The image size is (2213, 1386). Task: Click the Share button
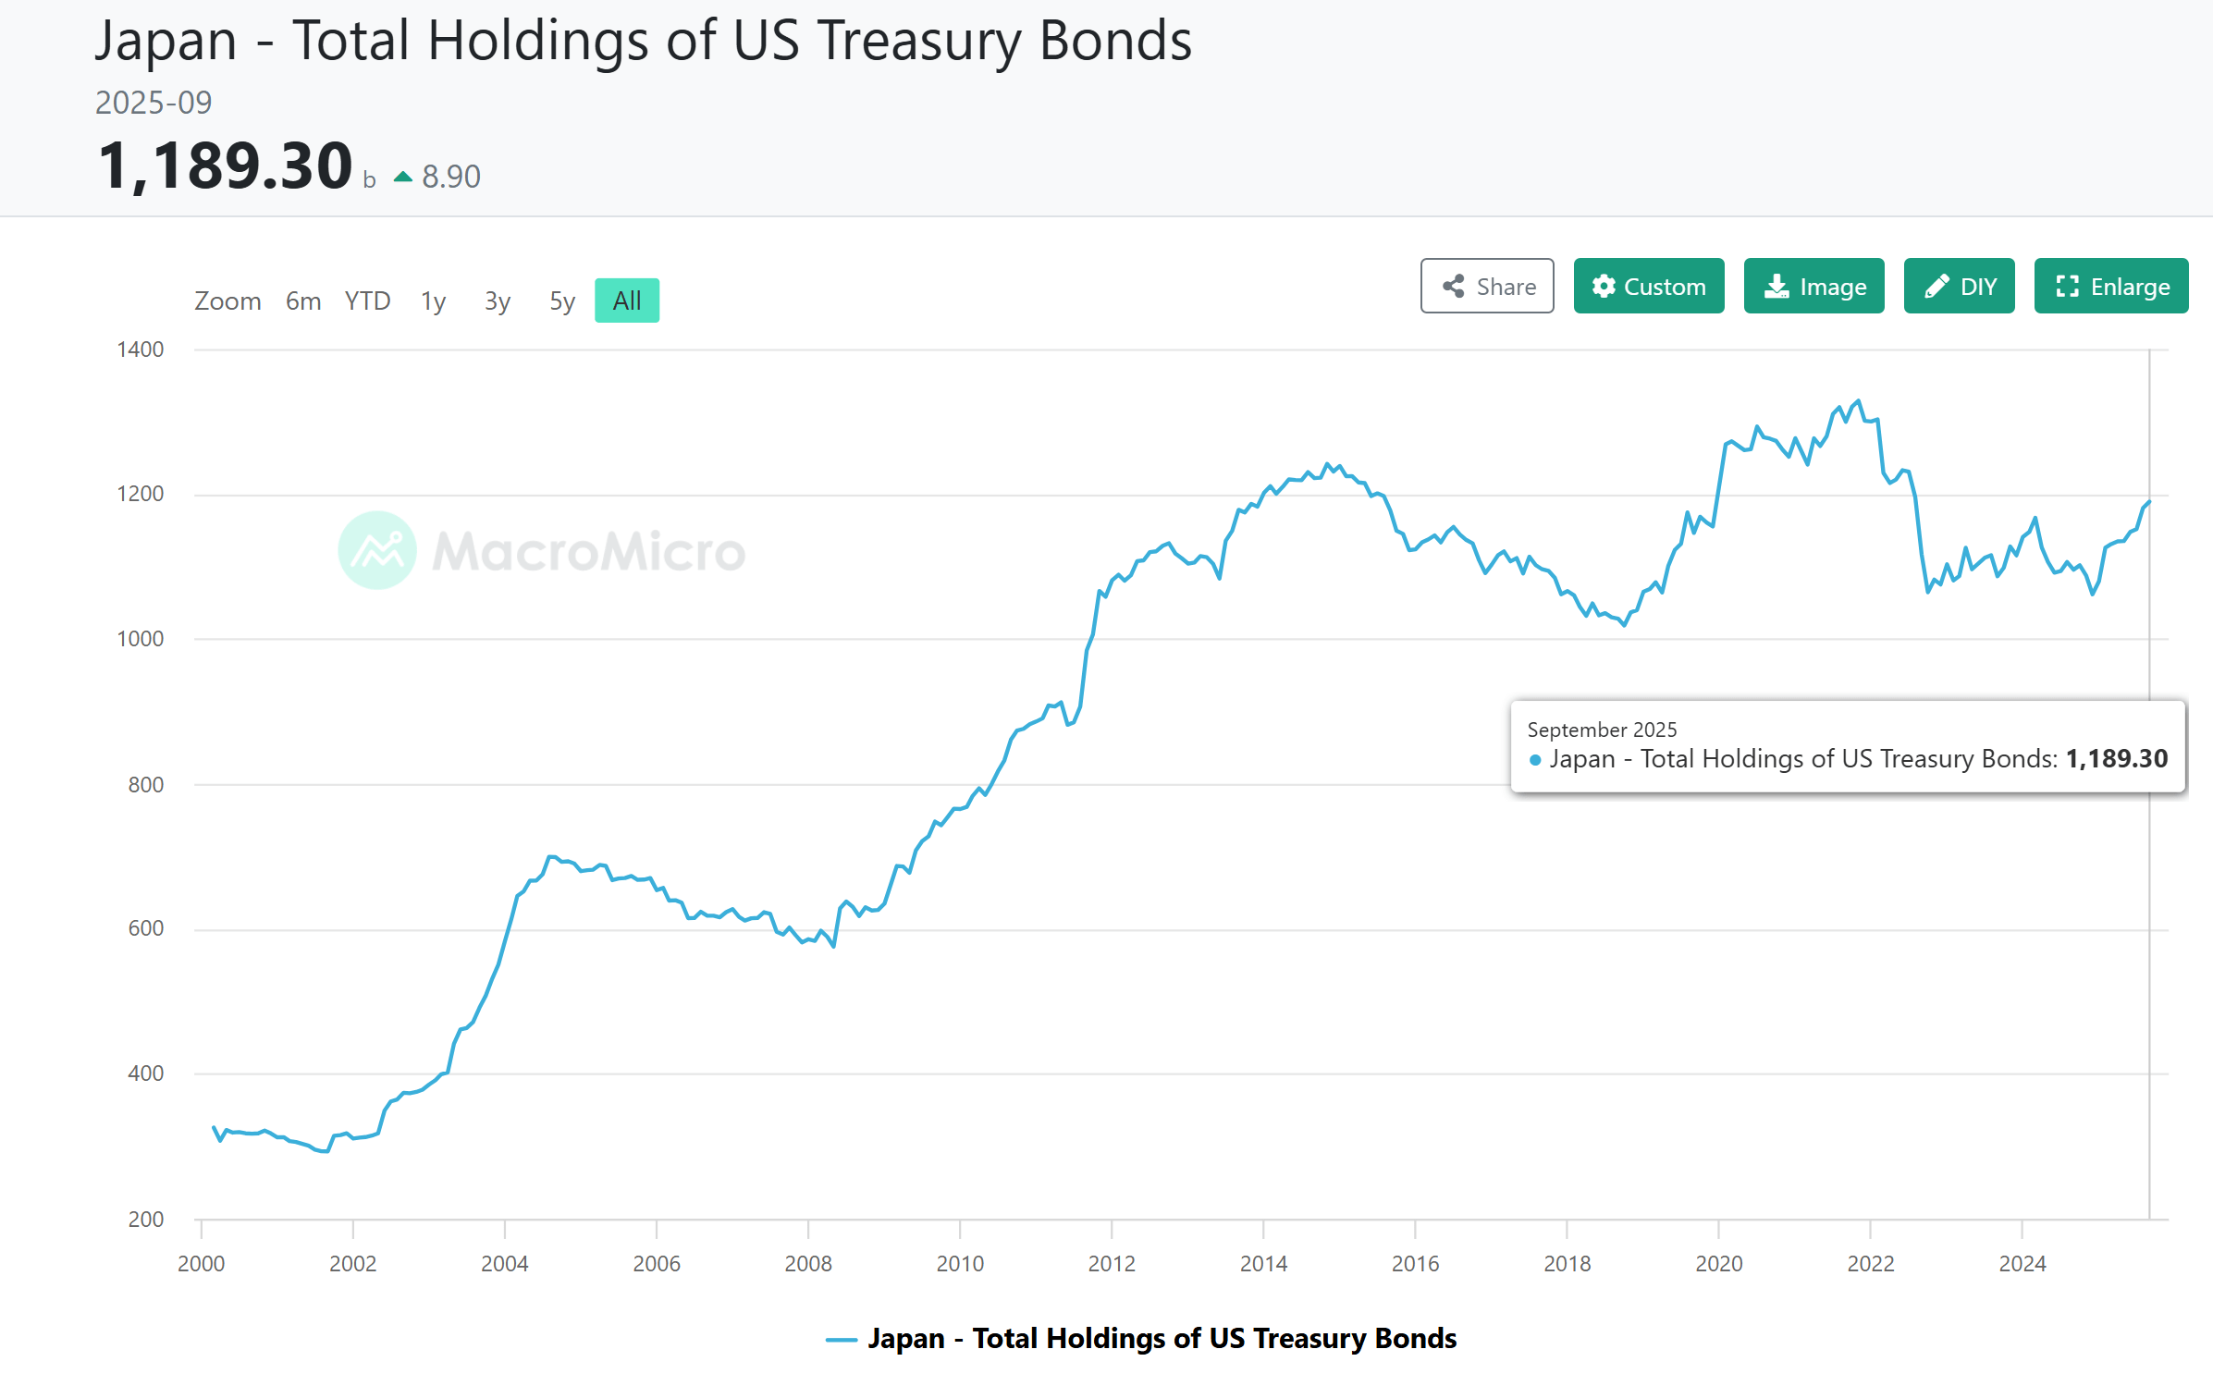pos(1486,287)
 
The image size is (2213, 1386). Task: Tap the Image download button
pos(1813,287)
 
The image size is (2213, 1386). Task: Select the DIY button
pos(1959,287)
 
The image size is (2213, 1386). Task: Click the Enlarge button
pos(2110,287)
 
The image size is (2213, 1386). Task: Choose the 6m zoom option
pos(302,301)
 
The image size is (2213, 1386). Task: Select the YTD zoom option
pos(367,301)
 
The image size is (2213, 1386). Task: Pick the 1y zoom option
pos(433,301)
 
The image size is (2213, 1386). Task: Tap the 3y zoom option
pos(497,301)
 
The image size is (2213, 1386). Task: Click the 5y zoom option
pos(561,301)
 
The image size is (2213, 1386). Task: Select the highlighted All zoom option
pos(626,301)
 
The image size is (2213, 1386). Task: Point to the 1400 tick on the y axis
pos(141,350)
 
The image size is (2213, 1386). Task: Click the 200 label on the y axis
pos(146,1220)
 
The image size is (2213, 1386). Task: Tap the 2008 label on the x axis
pos(808,1264)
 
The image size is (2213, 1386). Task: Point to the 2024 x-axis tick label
pos(2022,1264)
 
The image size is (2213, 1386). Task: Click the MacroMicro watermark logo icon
pos(377,550)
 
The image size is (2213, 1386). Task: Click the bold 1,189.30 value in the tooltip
pos(2116,759)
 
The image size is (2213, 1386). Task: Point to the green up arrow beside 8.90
pos(403,177)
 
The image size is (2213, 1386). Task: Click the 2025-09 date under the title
pos(154,103)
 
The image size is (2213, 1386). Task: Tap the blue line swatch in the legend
pos(841,1340)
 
